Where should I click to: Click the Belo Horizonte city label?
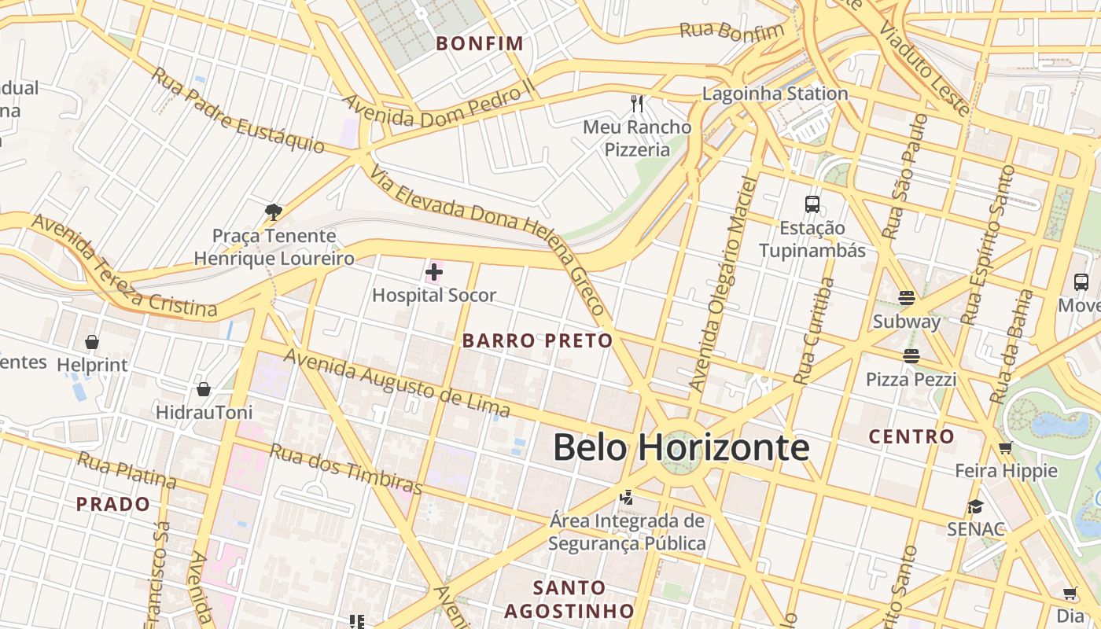(681, 447)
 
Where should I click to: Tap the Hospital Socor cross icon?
(433, 273)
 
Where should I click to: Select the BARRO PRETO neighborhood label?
(537, 340)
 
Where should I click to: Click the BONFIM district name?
(480, 43)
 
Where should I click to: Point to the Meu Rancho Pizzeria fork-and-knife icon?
(638, 103)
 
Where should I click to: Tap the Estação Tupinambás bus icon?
(812, 204)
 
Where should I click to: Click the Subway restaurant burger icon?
(907, 298)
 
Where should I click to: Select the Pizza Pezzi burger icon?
(911, 356)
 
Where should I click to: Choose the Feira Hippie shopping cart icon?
(1005, 448)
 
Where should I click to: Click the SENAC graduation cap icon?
(976, 506)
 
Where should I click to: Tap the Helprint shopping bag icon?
(92, 342)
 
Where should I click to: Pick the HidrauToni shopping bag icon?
(204, 389)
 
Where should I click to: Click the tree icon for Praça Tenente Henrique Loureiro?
(274, 212)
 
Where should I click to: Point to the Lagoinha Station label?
(775, 94)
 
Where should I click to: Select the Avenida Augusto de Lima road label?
(396, 382)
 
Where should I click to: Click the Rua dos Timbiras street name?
(346, 469)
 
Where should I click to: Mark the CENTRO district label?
(911, 436)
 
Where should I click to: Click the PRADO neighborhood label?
(112, 504)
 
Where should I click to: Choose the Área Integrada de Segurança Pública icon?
(627, 497)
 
